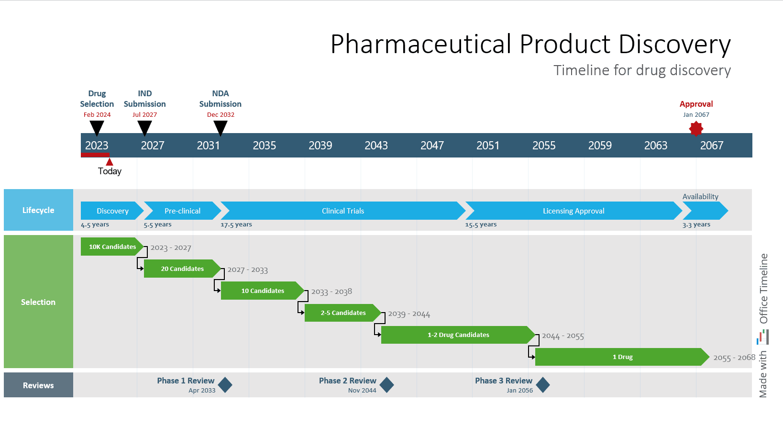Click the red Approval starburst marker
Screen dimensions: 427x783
(696, 129)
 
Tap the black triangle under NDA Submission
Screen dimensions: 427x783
(221, 127)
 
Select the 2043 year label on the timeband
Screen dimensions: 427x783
(376, 146)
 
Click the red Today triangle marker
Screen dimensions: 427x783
(110, 162)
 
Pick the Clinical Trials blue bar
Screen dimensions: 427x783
(342, 211)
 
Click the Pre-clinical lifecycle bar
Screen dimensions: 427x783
(182, 211)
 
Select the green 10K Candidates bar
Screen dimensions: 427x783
(112, 247)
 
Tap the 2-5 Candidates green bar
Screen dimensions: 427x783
(342, 313)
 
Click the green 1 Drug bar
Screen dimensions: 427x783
(622, 357)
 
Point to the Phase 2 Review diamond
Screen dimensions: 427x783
(386, 385)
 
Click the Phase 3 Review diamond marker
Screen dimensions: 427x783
(542, 385)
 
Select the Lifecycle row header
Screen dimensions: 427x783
(38, 210)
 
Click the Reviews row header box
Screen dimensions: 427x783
(38, 385)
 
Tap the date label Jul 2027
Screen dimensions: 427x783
(144, 115)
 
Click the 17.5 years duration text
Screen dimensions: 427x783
(236, 225)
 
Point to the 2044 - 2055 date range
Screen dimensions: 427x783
(562, 336)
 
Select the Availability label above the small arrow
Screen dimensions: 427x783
(700, 197)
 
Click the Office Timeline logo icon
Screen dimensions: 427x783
(763, 337)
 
